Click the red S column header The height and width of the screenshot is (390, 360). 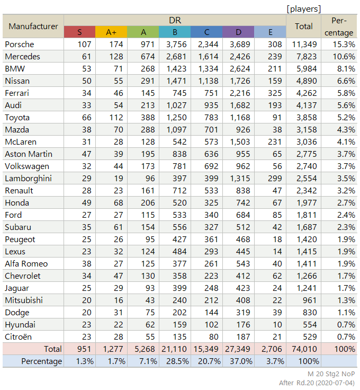coord(79,32)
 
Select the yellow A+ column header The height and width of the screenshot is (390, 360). coord(111,32)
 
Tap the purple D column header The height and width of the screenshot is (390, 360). coord(239,32)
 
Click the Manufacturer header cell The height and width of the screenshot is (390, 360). coord(33,26)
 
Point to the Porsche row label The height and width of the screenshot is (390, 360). coord(20,45)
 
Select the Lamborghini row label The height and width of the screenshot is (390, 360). coord(28,179)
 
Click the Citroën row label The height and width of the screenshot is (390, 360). coord(18,337)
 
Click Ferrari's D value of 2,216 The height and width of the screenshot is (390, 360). coord(240,93)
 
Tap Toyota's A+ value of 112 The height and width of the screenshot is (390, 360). coord(116,118)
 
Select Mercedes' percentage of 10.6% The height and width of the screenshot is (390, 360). coord(344,57)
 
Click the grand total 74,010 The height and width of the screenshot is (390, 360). coord(304,349)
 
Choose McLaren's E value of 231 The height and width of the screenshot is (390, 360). coord(275,142)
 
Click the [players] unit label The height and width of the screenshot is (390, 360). coord(304,9)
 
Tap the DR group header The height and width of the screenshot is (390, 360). coord(175,20)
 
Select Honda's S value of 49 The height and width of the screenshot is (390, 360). coord(86,203)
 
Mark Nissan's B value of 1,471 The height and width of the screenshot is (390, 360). coord(176,81)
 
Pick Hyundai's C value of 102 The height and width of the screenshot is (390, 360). coord(211,325)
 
